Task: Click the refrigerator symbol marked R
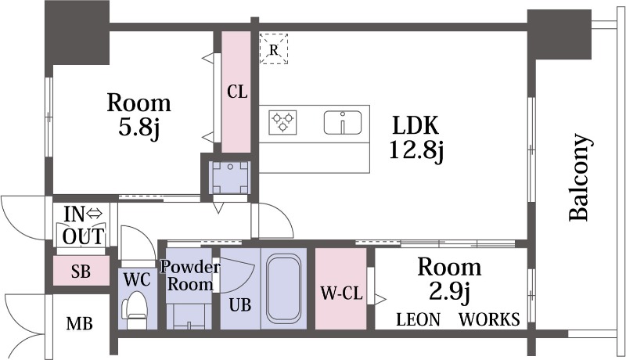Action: [273, 49]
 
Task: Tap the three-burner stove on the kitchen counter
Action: [282, 122]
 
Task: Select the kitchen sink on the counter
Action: [343, 122]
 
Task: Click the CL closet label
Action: [237, 92]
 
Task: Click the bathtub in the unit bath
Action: [283, 290]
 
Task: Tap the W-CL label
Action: [342, 293]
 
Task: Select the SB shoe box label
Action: [81, 272]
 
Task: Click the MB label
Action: [80, 323]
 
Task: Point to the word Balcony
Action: [579, 177]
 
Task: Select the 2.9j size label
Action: [449, 292]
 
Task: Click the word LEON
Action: [418, 319]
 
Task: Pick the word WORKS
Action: [490, 319]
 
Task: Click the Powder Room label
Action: [190, 275]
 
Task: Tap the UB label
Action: [240, 305]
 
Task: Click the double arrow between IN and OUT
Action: [95, 214]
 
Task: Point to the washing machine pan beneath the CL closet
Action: [230, 177]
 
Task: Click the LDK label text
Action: [416, 125]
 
